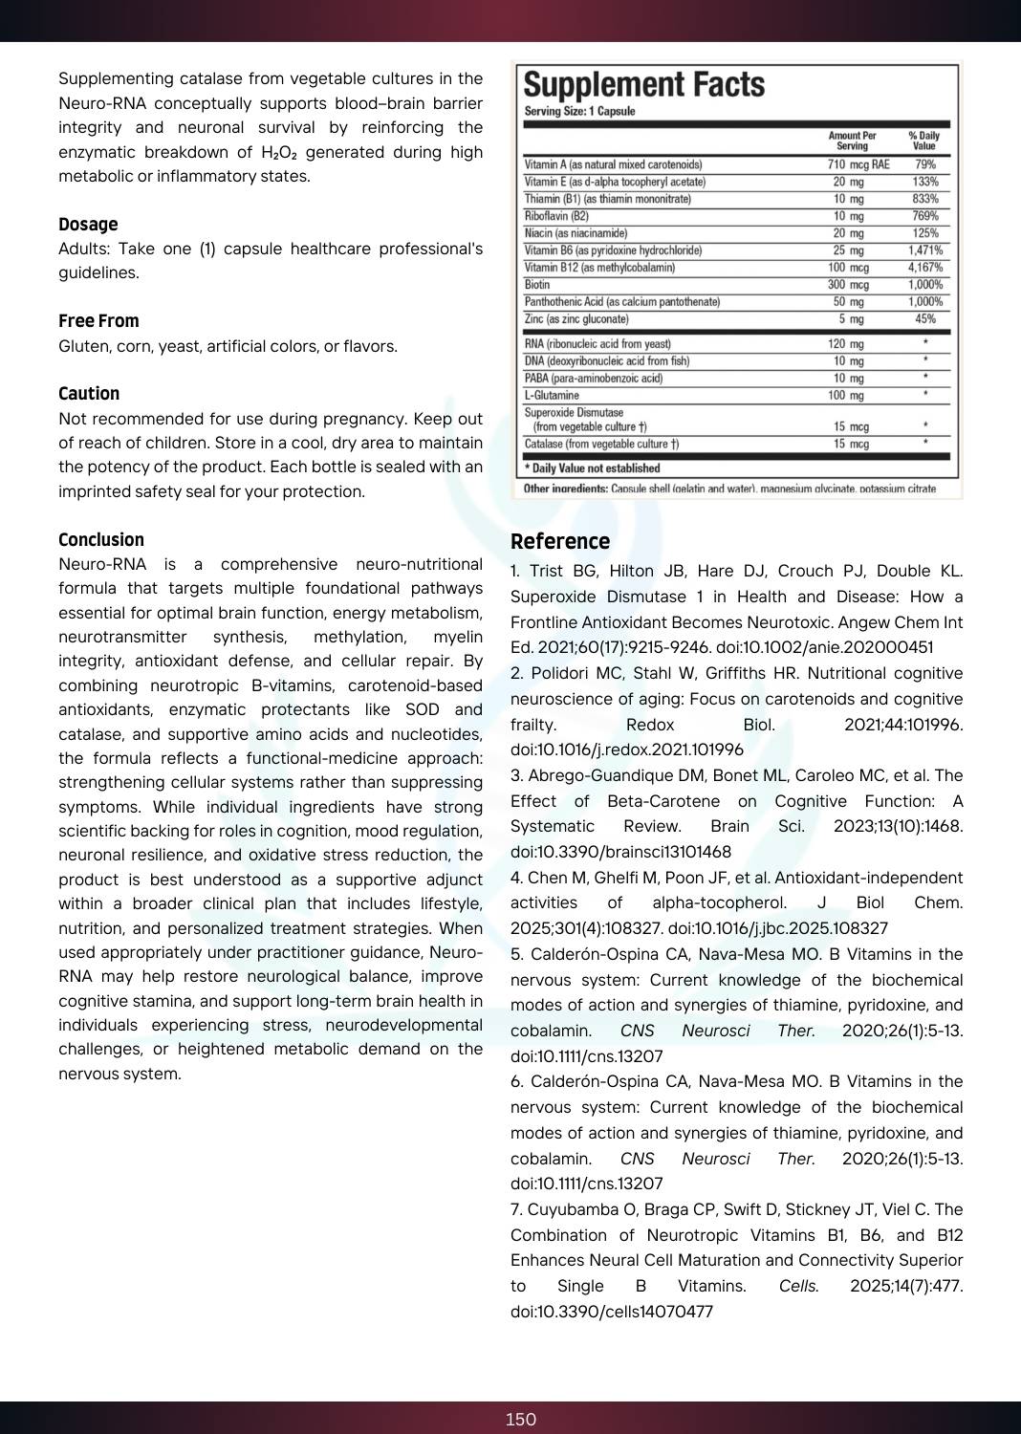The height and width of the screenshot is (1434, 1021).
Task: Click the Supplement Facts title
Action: click(644, 85)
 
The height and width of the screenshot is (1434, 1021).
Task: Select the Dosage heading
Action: click(88, 225)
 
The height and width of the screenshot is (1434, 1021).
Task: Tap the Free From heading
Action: click(98, 321)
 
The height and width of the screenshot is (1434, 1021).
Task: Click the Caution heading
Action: click(89, 394)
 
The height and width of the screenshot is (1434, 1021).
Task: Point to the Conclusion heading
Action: click(101, 540)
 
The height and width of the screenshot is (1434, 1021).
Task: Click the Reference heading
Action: click(560, 542)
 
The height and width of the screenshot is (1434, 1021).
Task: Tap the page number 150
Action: click(521, 1420)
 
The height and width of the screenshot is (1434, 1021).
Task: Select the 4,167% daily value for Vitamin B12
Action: click(924, 268)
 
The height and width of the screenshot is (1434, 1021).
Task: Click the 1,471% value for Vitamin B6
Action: click(924, 250)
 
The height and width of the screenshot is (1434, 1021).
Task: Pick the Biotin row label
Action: click(537, 285)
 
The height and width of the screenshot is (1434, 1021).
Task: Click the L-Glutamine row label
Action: click(552, 396)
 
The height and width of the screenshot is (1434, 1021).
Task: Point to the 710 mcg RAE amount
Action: click(858, 164)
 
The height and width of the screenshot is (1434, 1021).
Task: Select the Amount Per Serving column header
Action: click(852, 141)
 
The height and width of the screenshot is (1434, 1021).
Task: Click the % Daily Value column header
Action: click(923, 141)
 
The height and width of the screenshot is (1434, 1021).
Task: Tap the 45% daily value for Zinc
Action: click(924, 319)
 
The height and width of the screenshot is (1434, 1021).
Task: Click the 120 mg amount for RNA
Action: click(846, 344)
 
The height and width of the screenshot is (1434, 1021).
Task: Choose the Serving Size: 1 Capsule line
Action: click(579, 112)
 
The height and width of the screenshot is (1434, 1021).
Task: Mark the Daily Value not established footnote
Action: click(593, 468)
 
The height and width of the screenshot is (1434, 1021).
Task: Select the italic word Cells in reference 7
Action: click(798, 1287)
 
